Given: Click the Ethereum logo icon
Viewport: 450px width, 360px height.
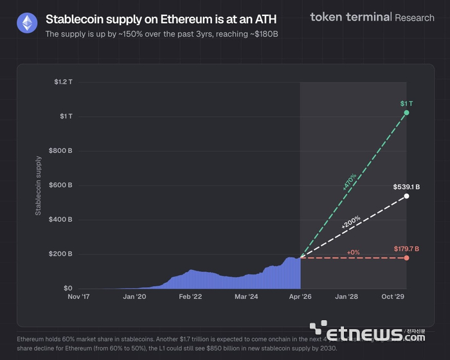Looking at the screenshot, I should (26, 24).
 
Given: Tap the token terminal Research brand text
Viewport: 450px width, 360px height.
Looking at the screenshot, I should (372, 17).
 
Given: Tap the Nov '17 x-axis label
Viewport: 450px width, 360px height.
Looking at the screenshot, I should (82, 297).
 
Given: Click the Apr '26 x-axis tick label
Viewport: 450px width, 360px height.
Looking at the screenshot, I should (300, 297).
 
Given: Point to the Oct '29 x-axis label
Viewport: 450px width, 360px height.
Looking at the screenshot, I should (393, 297).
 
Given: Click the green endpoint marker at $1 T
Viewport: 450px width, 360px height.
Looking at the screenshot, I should (406, 113).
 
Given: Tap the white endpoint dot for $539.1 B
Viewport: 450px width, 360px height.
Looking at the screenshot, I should (406, 195).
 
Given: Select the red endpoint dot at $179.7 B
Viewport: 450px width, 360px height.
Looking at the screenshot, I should (406, 258).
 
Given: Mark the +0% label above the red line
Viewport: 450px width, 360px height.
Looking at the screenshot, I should (353, 252).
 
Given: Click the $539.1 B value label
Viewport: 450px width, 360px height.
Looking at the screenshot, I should (406, 187).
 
